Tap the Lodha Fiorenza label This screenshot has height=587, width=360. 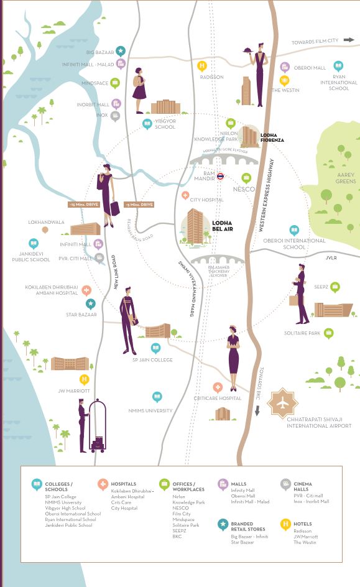tap(272, 137)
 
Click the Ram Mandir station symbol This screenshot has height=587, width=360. tap(220, 177)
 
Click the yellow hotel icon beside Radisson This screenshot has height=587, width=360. tap(201, 65)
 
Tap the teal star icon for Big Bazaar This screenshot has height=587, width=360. tap(121, 52)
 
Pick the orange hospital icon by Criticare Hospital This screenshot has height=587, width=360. tap(217, 387)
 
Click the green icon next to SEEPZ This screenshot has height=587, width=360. tap(335, 287)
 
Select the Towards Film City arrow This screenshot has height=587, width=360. tap(349, 40)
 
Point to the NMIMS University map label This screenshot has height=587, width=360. tap(149, 410)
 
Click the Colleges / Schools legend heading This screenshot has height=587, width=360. tap(59, 486)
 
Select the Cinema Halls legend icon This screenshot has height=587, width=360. tap(285, 483)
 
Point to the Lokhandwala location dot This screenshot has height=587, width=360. tap(45, 229)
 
